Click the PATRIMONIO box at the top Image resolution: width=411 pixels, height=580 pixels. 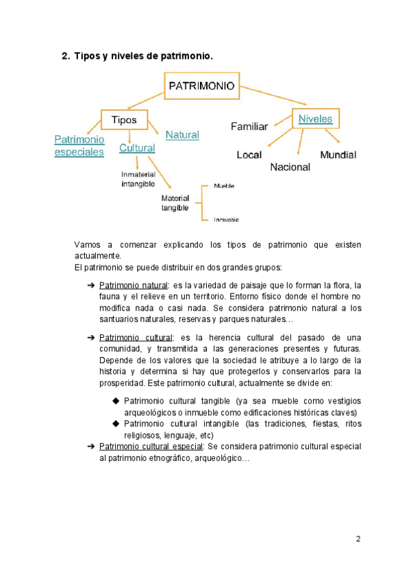pos(201,87)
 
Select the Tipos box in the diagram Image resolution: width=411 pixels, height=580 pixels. pos(124,120)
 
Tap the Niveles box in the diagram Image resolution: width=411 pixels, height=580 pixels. pos(315,118)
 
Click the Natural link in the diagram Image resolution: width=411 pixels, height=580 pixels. pos(182,135)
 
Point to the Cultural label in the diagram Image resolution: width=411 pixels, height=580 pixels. pos(137,147)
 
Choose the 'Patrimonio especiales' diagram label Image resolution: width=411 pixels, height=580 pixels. pos(79,146)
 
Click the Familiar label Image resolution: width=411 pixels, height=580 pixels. pos(249,127)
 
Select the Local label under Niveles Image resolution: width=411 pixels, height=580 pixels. pos(249,155)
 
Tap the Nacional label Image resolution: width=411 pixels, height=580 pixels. pos(290,167)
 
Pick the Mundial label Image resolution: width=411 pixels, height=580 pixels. pos(338,155)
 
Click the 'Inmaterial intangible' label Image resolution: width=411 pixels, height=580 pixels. pos(138,179)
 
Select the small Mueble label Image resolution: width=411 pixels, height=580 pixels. pos(223,185)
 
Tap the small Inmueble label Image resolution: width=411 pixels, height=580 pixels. pos(225,220)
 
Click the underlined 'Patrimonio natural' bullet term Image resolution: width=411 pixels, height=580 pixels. pos(133,285)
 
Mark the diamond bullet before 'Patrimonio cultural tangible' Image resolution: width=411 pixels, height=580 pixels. pos(115,399)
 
